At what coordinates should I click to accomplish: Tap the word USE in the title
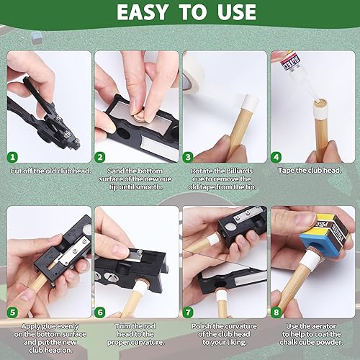[230, 13]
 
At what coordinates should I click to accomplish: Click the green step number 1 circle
[12, 156]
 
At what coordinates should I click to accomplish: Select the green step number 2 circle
[100, 156]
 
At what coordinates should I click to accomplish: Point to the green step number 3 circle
[188, 156]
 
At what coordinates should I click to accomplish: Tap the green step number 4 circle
[276, 156]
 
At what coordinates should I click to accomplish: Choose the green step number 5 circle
[12, 312]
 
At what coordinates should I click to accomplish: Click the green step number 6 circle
[100, 312]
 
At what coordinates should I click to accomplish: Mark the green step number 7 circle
[188, 312]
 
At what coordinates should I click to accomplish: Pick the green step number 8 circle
[276, 312]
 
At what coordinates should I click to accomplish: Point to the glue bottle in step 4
[299, 68]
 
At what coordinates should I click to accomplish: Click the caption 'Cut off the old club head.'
[49, 171]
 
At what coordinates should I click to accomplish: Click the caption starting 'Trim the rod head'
[137, 336]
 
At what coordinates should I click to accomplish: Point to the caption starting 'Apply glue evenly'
[49, 336]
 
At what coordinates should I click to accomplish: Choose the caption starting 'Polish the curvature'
[225, 336]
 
